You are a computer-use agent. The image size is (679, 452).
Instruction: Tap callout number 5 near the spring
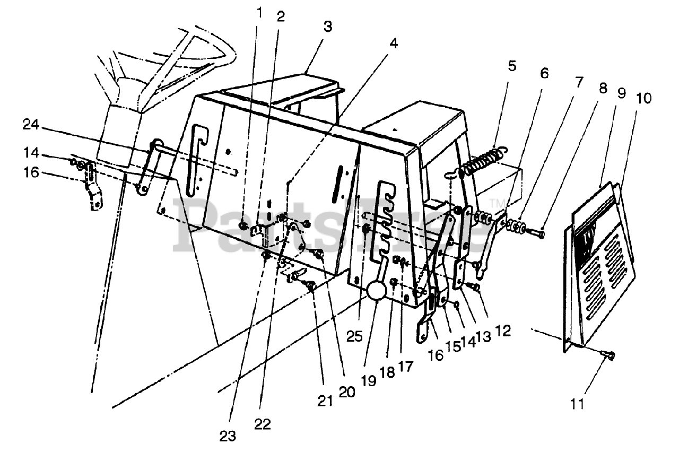pyautogui.click(x=511, y=66)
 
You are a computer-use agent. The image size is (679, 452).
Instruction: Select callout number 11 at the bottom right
pyautogui.click(x=577, y=404)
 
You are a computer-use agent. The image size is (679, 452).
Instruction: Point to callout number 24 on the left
pyautogui.click(x=32, y=125)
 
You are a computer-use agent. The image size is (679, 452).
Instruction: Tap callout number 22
pyautogui.click(x=262, y=424)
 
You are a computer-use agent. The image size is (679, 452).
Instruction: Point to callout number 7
pyautogui.click(x=578, y=82)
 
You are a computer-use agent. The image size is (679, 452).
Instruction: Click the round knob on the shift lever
pyautogui.click(x=378, y=291)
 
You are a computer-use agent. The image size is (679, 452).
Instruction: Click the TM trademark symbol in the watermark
pyautogui.click(x=497, y=203)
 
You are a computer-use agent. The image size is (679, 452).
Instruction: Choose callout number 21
pyautogui.click(x=325, y=402)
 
